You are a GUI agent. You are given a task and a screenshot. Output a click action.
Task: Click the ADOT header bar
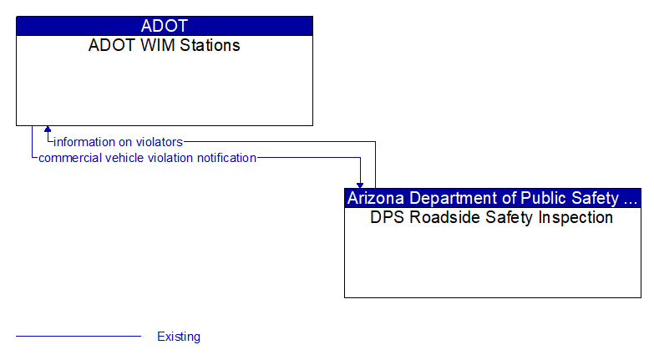tap(165, 26)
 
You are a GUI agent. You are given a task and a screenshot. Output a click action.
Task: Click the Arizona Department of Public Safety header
tap(493, 198)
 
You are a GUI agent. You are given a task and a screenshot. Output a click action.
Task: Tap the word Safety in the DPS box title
tap(500, 218)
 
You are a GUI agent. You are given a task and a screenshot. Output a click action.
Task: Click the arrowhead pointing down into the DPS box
tap(361, 184)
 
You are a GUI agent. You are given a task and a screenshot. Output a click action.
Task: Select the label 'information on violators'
tap(119, 142)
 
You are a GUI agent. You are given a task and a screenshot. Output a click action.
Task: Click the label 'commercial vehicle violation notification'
tap(147, 158)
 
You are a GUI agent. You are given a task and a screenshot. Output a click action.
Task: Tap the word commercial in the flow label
tap(69, 158)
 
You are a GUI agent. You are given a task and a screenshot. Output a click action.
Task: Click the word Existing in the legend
tap(179, 337)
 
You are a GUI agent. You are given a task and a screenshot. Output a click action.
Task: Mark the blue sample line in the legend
tap(79, 337)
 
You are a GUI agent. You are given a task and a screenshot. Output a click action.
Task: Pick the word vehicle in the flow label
tap(124, 158)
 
